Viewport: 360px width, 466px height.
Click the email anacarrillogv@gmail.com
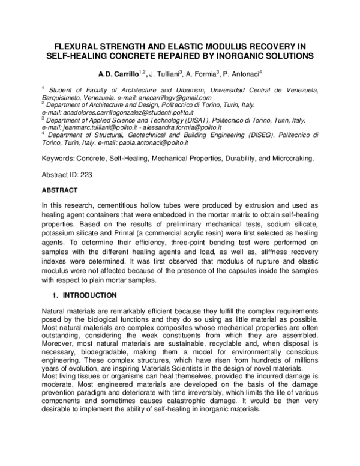tap(175, 97)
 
